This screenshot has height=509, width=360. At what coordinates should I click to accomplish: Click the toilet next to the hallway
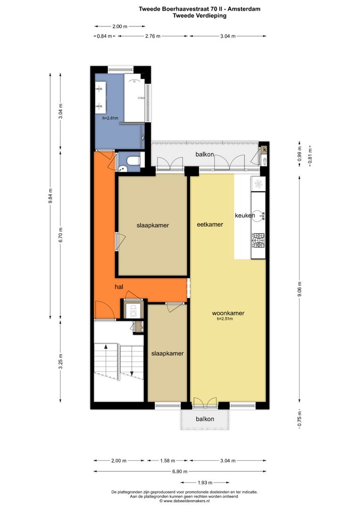(x=133, y=160)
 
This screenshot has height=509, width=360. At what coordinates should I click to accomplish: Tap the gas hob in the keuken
(x=258, y=240)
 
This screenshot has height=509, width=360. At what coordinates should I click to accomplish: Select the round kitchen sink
(x=259, y=216)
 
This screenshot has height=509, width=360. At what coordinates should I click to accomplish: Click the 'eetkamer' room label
(x=210, y=225)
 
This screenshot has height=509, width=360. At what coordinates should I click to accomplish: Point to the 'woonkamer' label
(x=228, y=313)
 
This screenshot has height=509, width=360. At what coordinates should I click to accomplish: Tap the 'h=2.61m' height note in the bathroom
(x=110, y=118)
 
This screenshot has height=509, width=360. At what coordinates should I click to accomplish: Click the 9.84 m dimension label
(x=51, y=196)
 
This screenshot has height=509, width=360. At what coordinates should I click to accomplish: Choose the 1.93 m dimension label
(x=205, y=482)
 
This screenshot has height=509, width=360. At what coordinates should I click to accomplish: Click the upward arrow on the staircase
(x=106, y=347)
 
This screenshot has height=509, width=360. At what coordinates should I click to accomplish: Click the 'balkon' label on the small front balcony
(x=205, y=419)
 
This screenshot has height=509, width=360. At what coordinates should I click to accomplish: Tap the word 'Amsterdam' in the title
(x=244, y=8)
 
